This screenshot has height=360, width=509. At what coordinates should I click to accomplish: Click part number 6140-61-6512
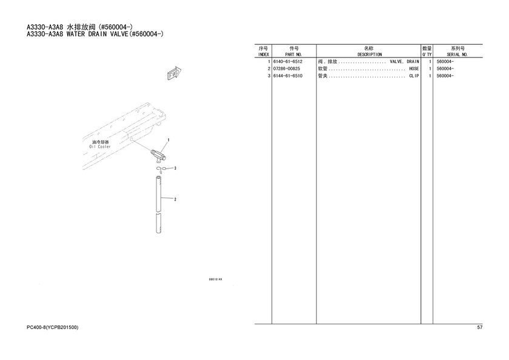(288, 61)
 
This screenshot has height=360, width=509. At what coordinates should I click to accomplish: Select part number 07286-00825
(287, 68)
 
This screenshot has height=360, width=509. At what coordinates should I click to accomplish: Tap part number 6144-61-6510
(288, 76)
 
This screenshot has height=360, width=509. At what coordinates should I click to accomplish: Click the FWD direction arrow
(174, 73)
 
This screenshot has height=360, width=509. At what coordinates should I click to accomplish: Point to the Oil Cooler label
(100, 147)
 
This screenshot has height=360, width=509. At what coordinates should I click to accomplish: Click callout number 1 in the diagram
(168, 140)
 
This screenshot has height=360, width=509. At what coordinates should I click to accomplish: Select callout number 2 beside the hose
(175, 199)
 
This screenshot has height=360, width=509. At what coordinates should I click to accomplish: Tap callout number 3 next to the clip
(175, 168)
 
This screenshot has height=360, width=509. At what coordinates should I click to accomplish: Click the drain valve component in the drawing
(159, 155)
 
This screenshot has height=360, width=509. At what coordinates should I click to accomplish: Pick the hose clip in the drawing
(161, 168)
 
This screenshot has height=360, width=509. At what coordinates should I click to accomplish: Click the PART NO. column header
(293, 55)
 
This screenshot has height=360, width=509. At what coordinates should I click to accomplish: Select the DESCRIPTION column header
(370, 55)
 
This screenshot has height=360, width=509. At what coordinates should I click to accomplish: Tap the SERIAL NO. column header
(457, 55)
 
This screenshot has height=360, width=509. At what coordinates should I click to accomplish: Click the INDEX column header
(263, 55)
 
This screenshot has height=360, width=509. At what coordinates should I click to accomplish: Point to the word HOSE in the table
(414, 68)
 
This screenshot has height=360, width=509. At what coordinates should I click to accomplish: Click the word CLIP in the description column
(414, 76)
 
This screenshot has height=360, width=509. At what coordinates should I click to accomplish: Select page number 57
(480, 327)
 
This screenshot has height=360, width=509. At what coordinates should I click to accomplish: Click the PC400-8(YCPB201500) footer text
(53, 327)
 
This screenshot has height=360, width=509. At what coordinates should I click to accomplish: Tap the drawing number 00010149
(215, 279)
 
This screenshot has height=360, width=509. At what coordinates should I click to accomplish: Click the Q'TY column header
(427, 55)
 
